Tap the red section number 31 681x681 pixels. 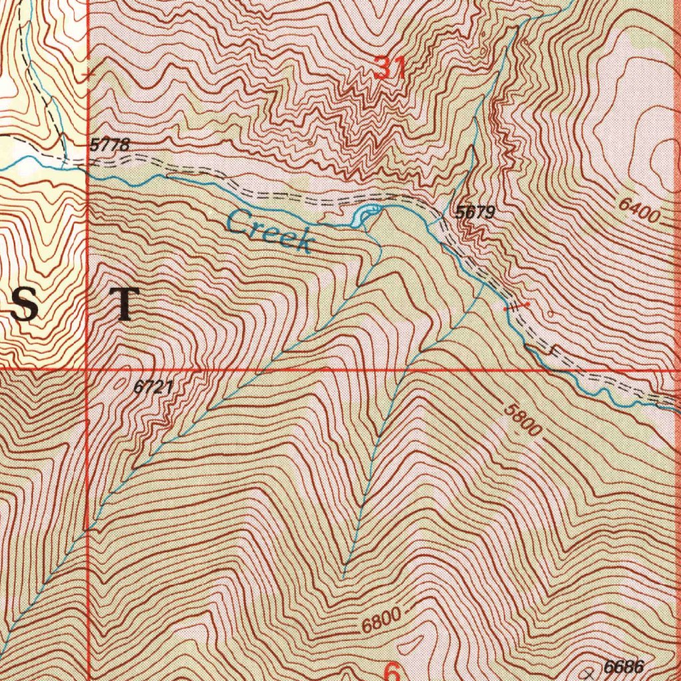[390, 67]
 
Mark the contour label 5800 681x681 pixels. [522, 420]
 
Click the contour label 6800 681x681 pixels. [383, 622]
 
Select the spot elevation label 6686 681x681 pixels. [624, 666]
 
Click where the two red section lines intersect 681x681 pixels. [88, 368]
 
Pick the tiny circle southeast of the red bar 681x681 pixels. [551, 313]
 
